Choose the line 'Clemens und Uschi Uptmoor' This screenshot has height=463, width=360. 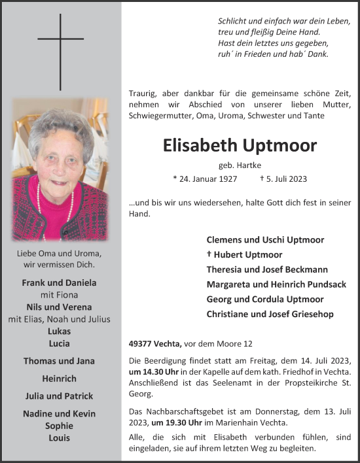(x=265, y=240)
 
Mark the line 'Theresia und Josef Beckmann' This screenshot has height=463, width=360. (x=267, y=269)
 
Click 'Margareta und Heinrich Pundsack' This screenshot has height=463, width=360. (x=276, y=284)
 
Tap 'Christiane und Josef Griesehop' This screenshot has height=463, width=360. (x=270, y=315)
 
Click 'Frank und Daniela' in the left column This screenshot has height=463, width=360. (x=60, y=283)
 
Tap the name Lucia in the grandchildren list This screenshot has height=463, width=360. (x=60, y=343)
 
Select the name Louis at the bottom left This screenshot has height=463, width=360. (x=60, y=437)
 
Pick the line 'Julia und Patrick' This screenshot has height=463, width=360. (x=59, y=396)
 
